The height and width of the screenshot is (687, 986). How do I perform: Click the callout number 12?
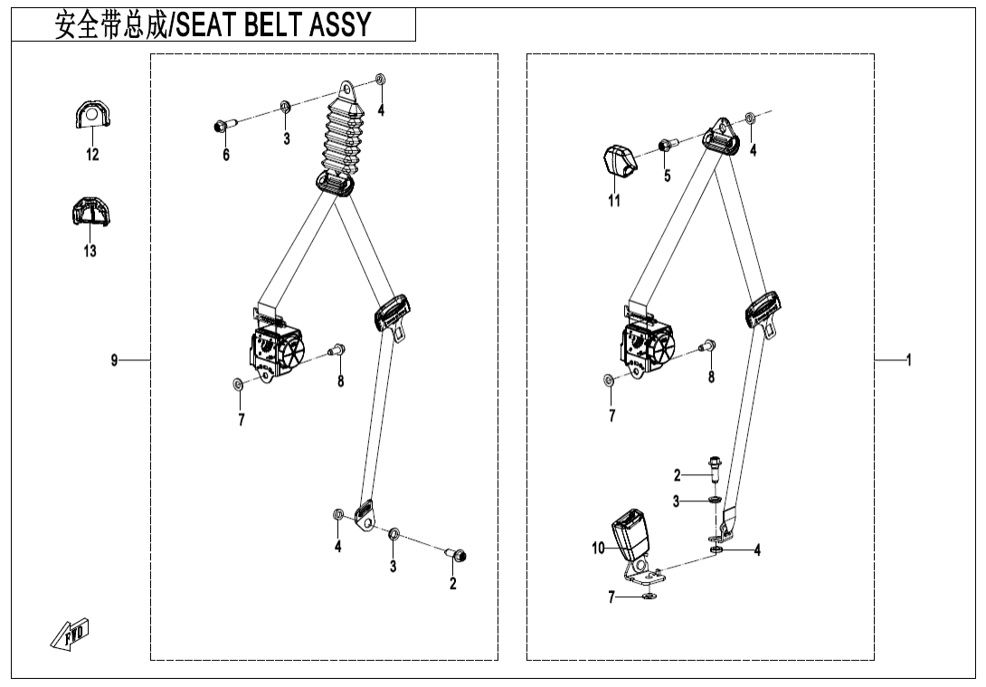[92, 155]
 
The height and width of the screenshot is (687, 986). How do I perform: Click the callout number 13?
[90, 251]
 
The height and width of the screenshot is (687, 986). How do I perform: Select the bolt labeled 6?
[223, 126]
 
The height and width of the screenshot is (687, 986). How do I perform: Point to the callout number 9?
[115, 360]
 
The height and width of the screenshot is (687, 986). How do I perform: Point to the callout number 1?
[908, 360]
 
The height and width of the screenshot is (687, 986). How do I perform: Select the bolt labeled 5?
[665, 145]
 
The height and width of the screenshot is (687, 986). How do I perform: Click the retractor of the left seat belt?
[279, 348]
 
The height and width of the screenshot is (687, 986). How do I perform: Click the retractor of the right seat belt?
[648, 346]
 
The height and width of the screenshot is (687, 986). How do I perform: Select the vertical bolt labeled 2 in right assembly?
[715, 469]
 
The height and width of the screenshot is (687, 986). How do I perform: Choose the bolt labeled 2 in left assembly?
[457, 554]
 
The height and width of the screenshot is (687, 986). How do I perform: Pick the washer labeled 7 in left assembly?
[236, 385]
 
